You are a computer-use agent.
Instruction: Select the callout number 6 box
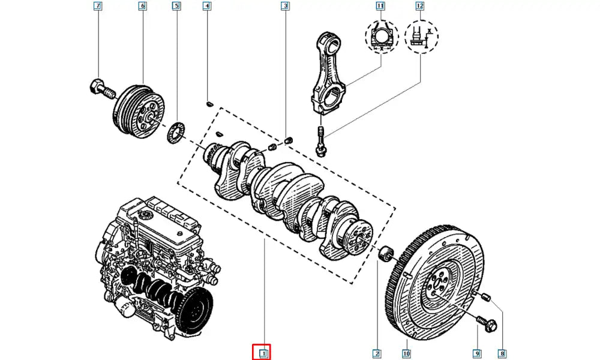pyautogui.click(x=142, y=7)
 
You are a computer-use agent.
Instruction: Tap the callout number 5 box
pyautogui.click(x=176, y=7)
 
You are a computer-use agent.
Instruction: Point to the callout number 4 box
pyautogui.click(x=207, y=7)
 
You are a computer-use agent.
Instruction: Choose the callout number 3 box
pyautogui.click(x=286, y=7)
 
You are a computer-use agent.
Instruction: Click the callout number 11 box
pyautogui.click(x=380, y=7)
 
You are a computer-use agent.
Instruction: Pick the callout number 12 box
pyautogui.click(x=419, y=7)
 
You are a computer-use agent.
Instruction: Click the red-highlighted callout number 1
pyautogui.click(x=262, y=353)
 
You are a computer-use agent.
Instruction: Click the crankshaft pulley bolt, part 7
pyautogui.click(x=100, y=88)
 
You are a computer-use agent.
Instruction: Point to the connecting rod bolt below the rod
pyautogui.click(x=320, y=140)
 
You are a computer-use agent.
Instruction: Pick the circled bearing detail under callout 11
pyautogui.click(x=380, y=37)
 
